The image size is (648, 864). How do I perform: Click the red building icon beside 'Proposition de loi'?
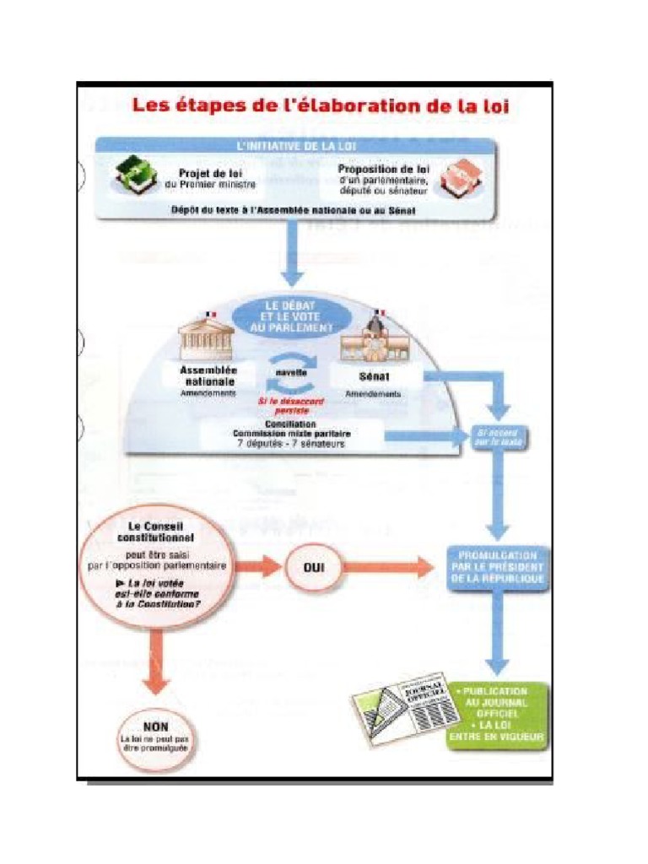click(x=460, y=178)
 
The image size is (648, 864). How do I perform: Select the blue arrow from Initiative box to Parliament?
click(x=293, y=253)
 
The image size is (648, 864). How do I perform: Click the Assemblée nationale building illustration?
click(x=208, y=339)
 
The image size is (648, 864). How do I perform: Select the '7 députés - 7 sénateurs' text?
click(x=291, y=443)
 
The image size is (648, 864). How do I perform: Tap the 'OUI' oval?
click(x=313, y=567)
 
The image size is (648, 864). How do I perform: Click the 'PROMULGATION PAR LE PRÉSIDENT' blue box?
click(x=498, y=567)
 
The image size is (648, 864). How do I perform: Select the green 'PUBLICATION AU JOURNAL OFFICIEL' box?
click(x=501, y=714)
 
